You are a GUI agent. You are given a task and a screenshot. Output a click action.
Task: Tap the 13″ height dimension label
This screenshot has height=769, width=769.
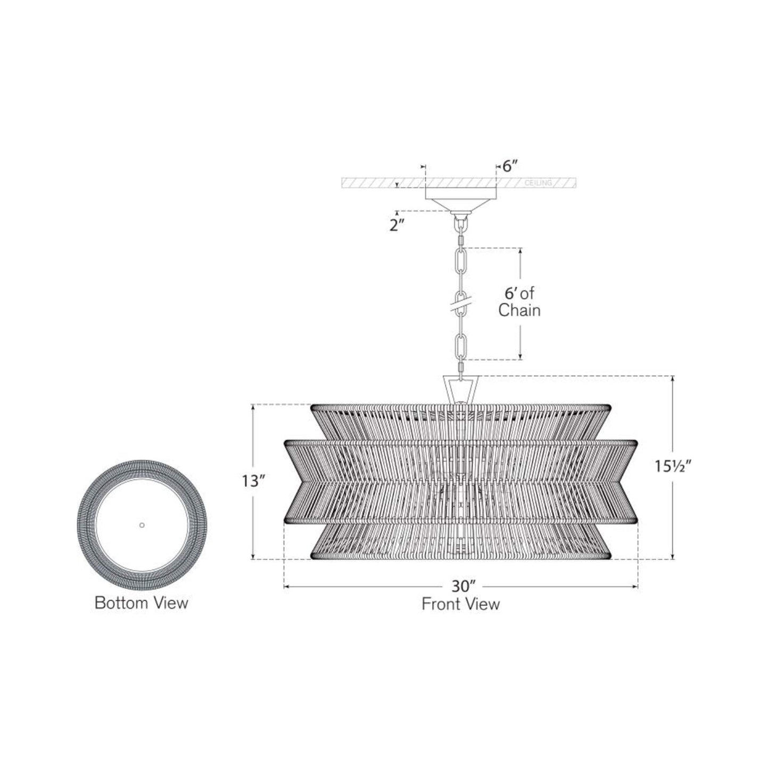point(253,482)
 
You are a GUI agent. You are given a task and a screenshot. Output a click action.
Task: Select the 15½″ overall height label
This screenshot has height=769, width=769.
point(673,466)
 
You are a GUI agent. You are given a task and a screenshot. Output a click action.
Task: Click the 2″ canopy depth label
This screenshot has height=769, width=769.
point(397,226)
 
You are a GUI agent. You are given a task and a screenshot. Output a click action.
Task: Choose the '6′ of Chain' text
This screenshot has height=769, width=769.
point(519,302)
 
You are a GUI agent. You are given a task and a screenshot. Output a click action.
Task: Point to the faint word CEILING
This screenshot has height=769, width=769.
point(538,183)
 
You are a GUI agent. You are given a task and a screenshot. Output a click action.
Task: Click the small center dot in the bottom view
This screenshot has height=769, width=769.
point(142,525)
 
